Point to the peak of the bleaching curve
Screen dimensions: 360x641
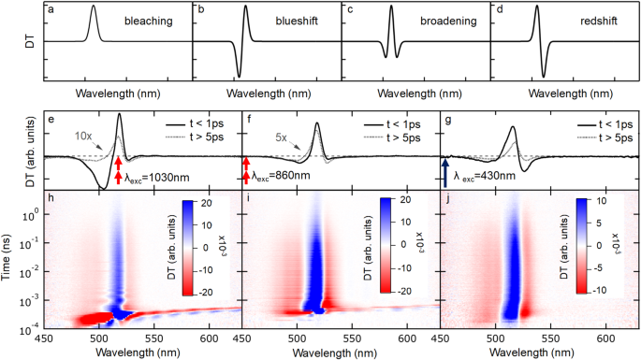tap(93, 7)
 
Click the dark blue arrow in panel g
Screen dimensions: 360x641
tap(445, 175)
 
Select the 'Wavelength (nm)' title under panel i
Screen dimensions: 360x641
tap(330, 353)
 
